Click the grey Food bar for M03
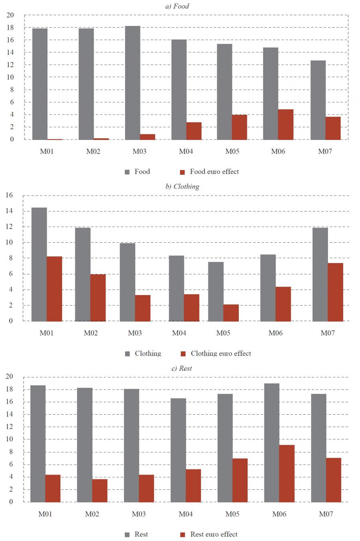(x=132, y=83)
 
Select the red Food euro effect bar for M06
(x=286, y=124)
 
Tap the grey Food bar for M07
(x=318, y=100)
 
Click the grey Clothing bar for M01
(x=39, y=264)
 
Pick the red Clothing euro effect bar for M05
(x=231, y=313)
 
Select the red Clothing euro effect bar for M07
(x=336, y=292)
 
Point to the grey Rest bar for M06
(x=272, y=443)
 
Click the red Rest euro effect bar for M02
(x=100, y=490)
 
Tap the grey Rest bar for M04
(x=178, y=450)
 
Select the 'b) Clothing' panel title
(x=182, y=186)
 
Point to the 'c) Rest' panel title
(x=182, y=368)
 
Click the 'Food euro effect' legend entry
(x=214, y=172)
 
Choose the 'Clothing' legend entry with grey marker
(x=148, y=353)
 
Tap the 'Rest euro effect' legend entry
(x=214, y=534)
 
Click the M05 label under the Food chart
(x=232, y=152)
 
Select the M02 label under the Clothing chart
(x=91, y=333)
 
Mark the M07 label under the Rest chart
(x=326, y=514)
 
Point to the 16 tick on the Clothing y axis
(x=9, y=196)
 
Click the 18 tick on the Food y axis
(x=10, y=28)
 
